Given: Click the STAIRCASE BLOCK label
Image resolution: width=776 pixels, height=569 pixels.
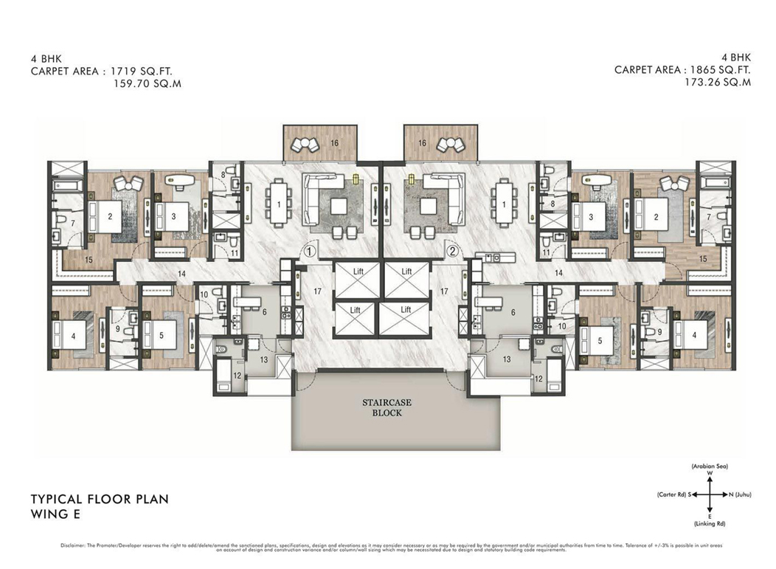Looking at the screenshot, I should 381,407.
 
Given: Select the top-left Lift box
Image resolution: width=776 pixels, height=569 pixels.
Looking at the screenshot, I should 357,272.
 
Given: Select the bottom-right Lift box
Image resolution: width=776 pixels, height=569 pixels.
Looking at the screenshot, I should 406,311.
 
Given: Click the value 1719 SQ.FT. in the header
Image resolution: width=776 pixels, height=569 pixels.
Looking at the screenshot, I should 145,72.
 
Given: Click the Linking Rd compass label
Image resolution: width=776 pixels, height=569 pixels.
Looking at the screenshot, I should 709,522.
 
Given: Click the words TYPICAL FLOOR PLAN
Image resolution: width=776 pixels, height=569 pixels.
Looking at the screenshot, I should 99,499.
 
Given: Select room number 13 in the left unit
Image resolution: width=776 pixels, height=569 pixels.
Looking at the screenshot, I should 263,359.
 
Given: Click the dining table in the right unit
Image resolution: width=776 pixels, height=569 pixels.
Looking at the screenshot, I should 503,203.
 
